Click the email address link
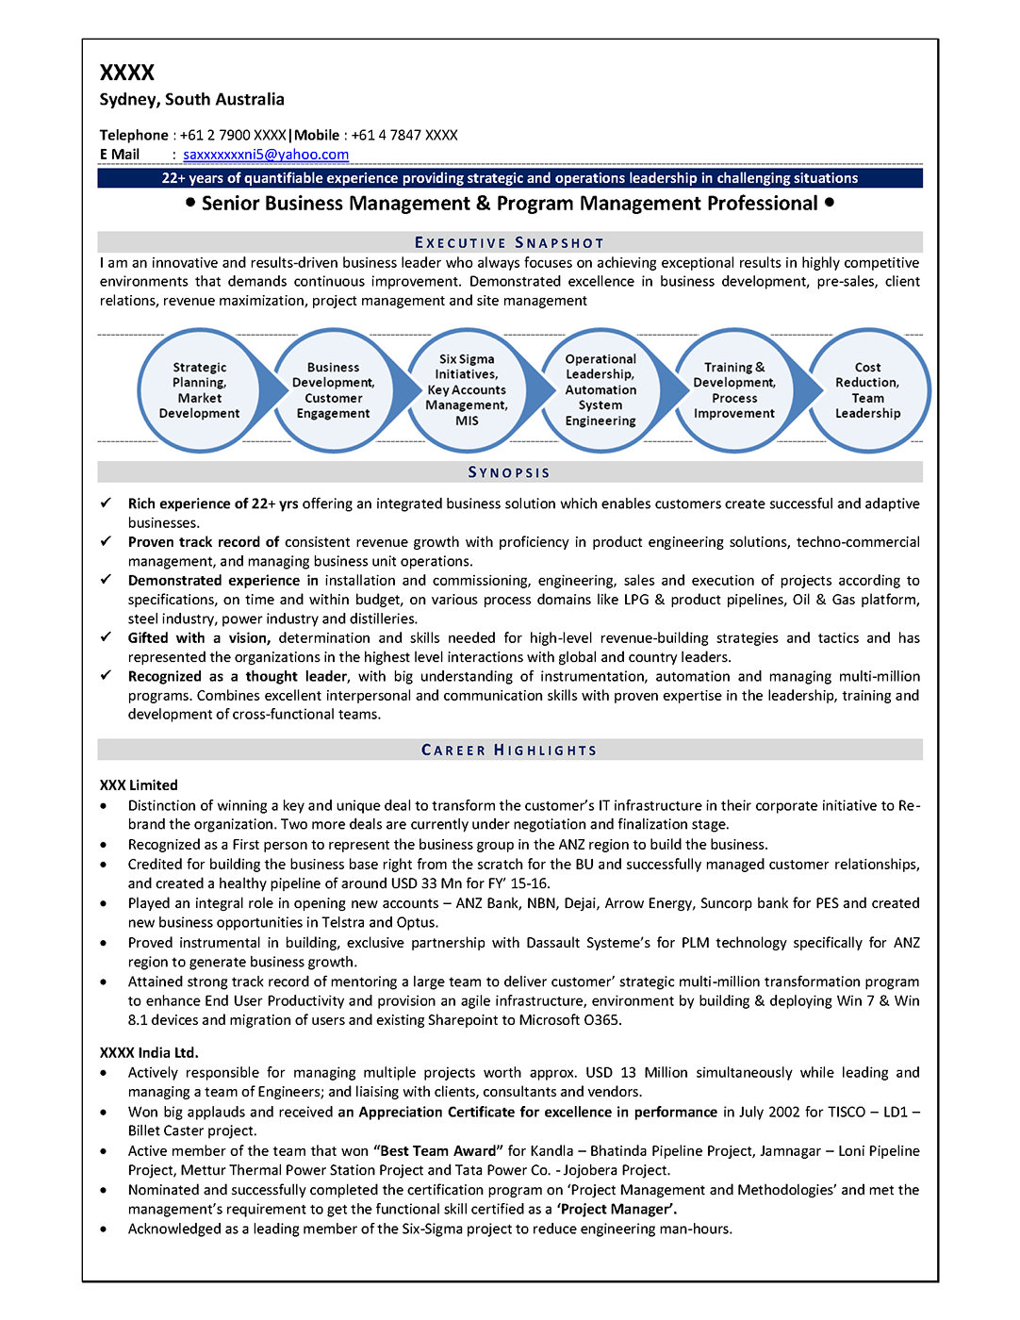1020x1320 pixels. (266, 155)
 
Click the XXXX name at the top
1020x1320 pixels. (127, 73)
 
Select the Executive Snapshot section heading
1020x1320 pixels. (509, 242)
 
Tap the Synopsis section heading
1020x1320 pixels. (509, 472)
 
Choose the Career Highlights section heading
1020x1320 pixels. (509, 751)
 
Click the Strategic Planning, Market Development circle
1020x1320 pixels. (199, 390)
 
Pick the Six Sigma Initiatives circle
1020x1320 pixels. (467, 390)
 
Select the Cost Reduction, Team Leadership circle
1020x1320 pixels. (867, 390)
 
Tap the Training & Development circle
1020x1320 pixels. (734, 390)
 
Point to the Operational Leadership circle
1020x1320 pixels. (600, 390)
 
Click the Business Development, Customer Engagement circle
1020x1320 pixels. (333, 390)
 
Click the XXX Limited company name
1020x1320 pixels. (139, 785)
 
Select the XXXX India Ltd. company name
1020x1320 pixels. (149, 1053)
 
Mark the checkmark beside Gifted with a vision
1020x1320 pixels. (107, 637)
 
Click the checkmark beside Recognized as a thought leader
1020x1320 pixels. (107, 676)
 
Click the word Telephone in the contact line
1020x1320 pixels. (134, 135)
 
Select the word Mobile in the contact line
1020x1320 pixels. (317, 135)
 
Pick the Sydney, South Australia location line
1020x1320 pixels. (192, 99)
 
